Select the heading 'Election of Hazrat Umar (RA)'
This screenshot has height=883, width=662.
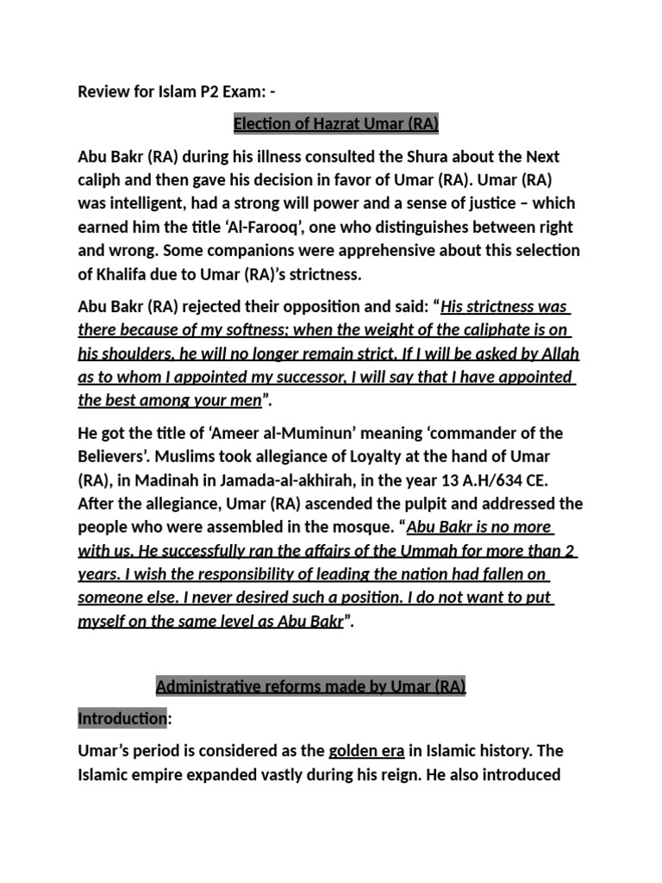336,124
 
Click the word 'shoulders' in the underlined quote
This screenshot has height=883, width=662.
141,354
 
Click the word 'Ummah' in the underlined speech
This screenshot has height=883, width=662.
412,550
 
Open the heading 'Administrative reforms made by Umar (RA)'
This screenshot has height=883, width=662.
310,686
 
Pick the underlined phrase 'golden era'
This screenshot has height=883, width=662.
366,751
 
